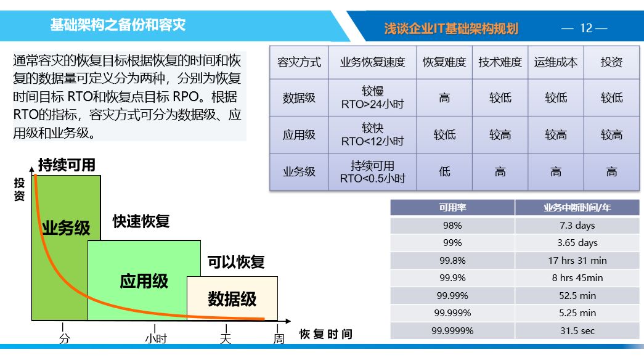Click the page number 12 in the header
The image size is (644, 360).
[x=586, y=28]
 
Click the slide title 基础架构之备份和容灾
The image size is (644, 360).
[x=118, y=25]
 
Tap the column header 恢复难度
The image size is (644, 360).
[x=444, y=62]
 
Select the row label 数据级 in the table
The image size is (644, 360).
[x=299, y=98]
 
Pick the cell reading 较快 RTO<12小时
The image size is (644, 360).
[x=372, y=134]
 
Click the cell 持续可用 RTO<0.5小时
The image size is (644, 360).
[x=372, y=172]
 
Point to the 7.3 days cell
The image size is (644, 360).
[x=577, y=225]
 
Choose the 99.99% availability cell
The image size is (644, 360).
[x=452, y=295]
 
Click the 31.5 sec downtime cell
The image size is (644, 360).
[x=577, y=331]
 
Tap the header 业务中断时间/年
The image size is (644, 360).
[x=577, y=208]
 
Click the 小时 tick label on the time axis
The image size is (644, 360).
[x=156, y=338]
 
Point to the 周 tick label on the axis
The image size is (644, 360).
[x=279, y=338]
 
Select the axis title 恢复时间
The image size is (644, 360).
[x=325, y=334]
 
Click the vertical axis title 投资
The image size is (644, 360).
[x=19, y=189]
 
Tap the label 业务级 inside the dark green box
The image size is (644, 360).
[x=66, y=227]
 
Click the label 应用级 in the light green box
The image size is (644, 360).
[x=144, y=282]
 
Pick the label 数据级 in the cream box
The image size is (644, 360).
[x=232, y=299]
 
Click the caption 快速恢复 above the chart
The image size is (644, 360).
[x=141, y=221]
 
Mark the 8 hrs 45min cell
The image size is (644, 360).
[x=577, y=278]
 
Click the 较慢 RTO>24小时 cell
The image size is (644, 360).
[x=372, y=97]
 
